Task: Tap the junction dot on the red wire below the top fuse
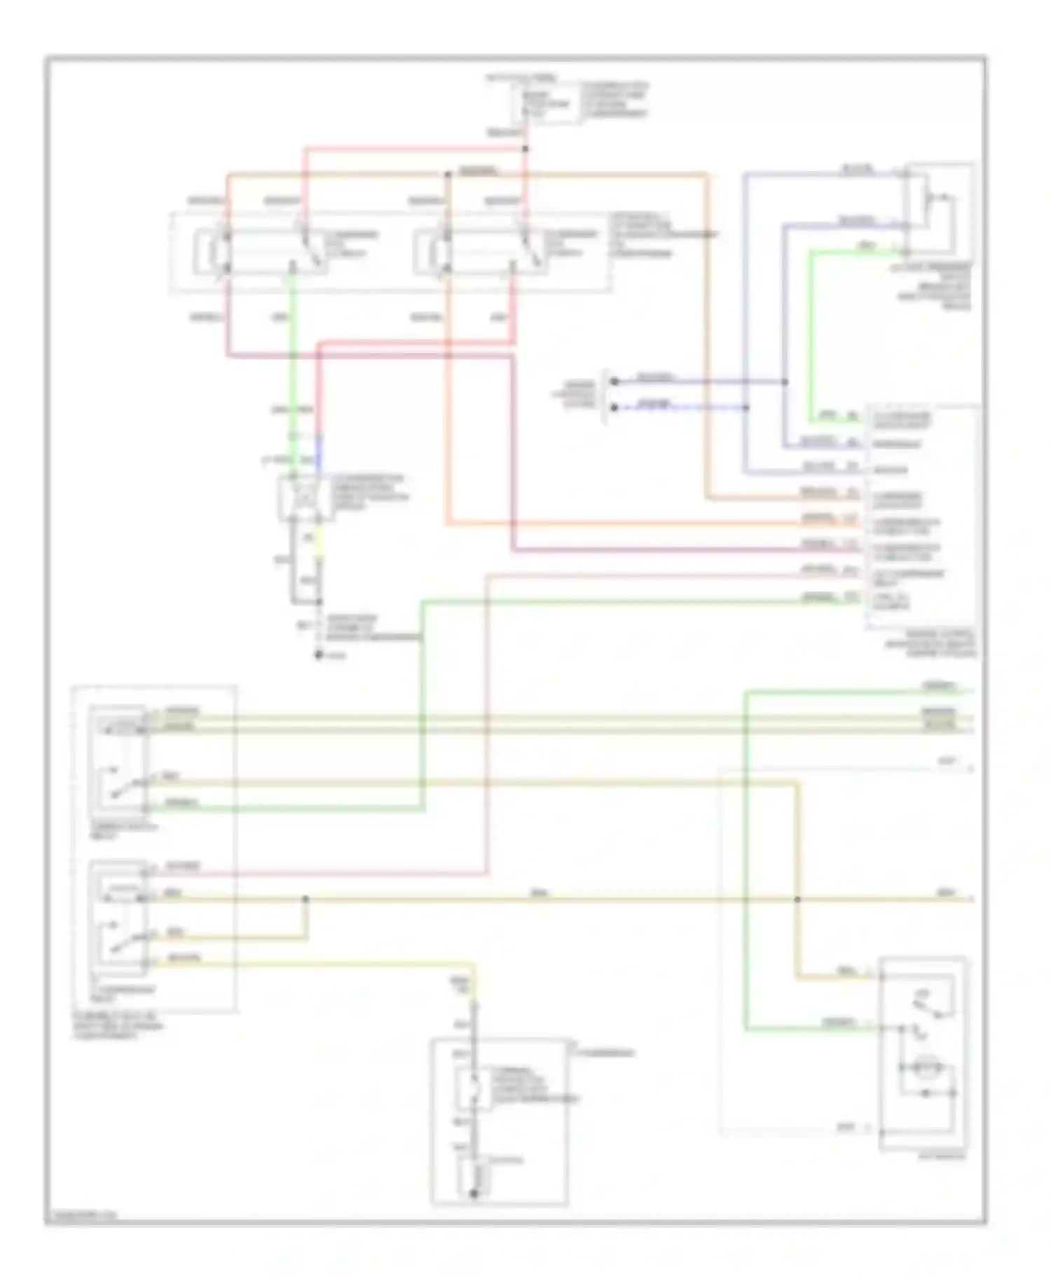(525, 149)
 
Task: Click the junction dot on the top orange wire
(448, 174)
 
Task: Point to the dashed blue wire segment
(680, 407)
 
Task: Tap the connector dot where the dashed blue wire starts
(614, 407)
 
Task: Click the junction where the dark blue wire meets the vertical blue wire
(785, 382)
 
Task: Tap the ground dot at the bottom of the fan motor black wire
(319, 655)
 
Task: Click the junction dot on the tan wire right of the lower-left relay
(305, 898)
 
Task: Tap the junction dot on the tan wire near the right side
(797, 898)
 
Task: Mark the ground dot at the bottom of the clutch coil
(474, 1193)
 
